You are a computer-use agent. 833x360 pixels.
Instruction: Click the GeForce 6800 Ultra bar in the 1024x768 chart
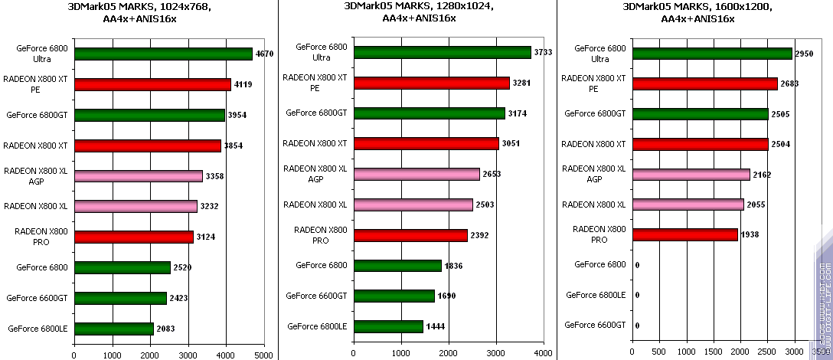pyautogui.click(x=163, y=54)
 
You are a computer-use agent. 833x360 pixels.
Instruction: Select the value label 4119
pyautogui.click(x=243, y=84)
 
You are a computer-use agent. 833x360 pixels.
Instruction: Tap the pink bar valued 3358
pyautogui.click(x=139, y=176)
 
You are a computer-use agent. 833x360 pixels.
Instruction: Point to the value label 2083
pyautogui.click(x=165, y=329)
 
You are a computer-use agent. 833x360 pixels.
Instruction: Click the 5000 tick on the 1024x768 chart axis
pyautogui.click(x=264, y=355)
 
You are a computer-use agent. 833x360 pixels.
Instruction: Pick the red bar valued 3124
pyautogui.click(x=133, y=237)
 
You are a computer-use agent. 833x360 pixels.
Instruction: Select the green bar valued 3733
pyautogui.click(x=442, y=52)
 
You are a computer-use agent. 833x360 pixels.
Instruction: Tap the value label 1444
pyautogui.click(x=434, y=327)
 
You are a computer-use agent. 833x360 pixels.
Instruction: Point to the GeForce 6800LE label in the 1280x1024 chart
pyautogui.click(x=317, y=326)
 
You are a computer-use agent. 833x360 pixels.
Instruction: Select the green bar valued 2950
pyautogui.click(x=712, y=54)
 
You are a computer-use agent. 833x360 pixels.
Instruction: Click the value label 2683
pyautogui.click(x=790, y=83)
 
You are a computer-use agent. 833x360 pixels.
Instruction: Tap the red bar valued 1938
pyautogui.click(x=684, y=234)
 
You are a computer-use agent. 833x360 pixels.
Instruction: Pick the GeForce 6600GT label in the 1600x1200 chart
pyautogui.click(x=595, y=325)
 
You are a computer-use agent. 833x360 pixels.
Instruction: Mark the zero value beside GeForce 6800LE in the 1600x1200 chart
pyautogui.click(x=637, y=295)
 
